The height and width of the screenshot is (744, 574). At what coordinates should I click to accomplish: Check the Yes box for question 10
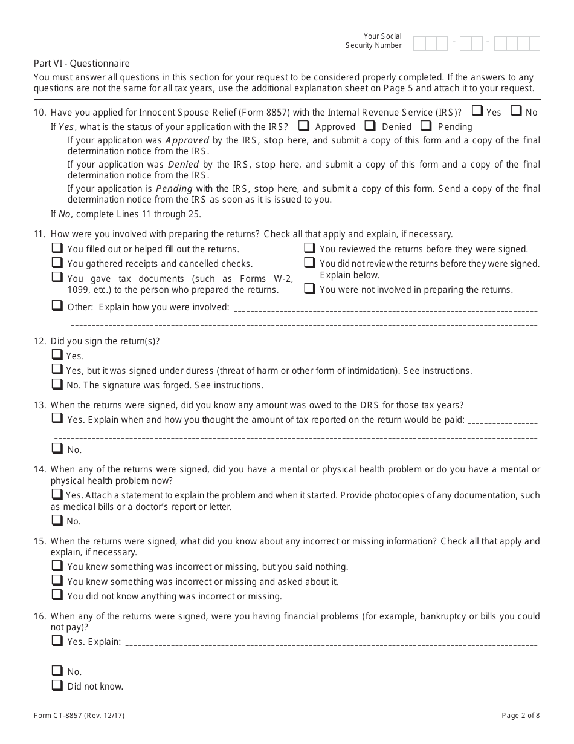(x=477, y=111)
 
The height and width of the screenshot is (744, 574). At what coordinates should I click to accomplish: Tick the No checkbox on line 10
(x=516, y=111)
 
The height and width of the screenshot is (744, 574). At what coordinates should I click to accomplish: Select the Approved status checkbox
(x=304, y=126)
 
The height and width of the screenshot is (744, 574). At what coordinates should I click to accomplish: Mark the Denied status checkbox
(x=370, y=126)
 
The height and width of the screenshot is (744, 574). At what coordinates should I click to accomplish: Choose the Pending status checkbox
(x=426, y=126)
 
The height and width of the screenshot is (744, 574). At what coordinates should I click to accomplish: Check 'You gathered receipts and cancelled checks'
(x=57, y=263)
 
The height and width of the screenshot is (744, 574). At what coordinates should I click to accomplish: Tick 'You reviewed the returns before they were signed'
(x=309, y=248)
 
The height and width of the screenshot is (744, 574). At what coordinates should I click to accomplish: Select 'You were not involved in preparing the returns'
(x=309, y=289)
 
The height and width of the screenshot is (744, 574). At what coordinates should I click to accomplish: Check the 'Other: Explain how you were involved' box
(x=57, y=306)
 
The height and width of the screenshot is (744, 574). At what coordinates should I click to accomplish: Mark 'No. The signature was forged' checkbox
(x=57, y=384)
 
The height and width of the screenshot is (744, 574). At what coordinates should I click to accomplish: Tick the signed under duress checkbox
(x=57, y=369)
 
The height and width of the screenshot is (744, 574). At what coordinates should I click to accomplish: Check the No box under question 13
(x=57, y=449)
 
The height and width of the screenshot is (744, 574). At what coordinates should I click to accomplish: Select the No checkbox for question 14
(x=57, y=520)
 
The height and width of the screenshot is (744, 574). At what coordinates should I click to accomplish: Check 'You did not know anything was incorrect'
(x=57, y=595)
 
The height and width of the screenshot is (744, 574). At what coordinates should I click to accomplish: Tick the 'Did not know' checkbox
(x=57, y=685)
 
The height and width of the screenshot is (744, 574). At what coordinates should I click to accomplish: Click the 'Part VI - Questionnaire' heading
(x=82, y=64)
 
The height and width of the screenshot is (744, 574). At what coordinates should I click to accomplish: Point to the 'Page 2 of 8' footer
(x=521, y=716)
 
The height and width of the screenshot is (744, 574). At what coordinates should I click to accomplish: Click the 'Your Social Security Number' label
(x=373, y=41)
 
